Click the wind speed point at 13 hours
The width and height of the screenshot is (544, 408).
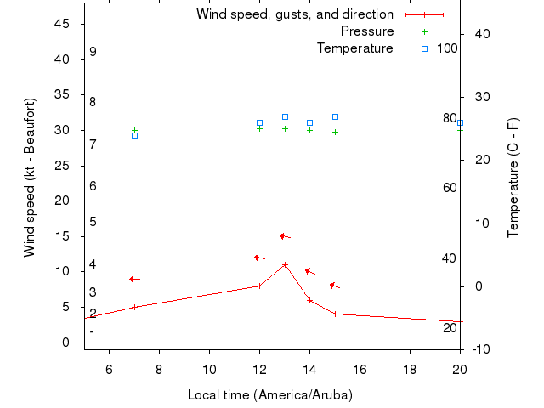285,264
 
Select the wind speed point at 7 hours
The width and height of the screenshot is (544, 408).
134,307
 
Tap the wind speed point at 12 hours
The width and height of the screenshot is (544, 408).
259,286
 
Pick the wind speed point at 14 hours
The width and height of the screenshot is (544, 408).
309,300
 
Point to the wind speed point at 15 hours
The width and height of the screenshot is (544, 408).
335,314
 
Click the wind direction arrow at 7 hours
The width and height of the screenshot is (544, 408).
134,279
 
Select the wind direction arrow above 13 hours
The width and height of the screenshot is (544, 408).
285,236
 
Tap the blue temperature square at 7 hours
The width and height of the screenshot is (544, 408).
134,135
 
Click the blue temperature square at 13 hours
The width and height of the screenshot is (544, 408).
285,116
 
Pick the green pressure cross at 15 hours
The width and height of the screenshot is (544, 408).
335,132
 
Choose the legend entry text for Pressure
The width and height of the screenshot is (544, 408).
367,31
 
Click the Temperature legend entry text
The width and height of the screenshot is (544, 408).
355,48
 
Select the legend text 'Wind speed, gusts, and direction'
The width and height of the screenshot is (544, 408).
295,14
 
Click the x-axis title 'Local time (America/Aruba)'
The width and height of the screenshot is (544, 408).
270,395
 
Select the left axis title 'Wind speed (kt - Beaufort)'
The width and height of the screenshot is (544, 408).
31,177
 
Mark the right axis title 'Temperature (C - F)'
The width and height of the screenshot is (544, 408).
514,177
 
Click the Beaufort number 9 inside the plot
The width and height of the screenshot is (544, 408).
93,52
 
